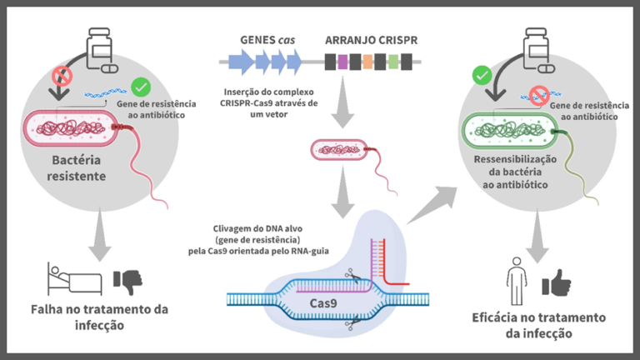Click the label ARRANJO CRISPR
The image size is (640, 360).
(x=372, y=39)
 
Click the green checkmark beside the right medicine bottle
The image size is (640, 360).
(x=480, y=76)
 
